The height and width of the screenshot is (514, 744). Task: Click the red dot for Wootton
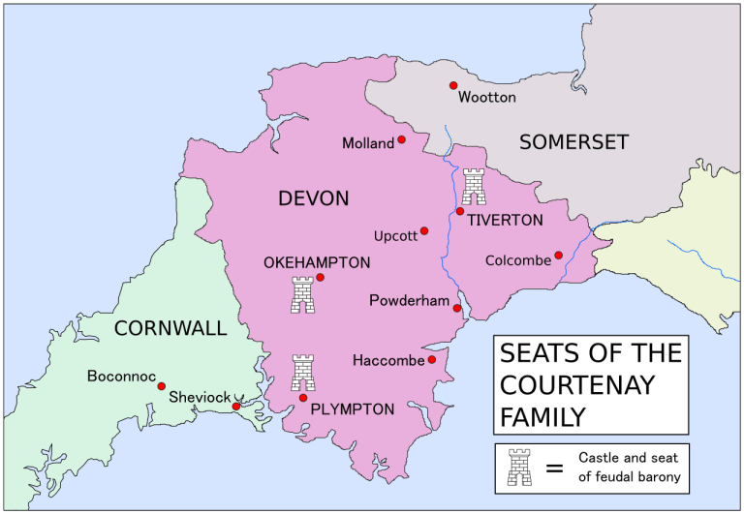(452, 86)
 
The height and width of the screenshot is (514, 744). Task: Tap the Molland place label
(368, 143)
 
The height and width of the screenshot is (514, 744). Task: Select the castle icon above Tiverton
(474, 185)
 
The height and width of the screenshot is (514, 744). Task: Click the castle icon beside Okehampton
(303, 294)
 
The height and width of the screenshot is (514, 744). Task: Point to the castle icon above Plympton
(303, 373)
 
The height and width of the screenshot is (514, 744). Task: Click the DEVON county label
(313, 198)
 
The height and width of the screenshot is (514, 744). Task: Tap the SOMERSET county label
(573, 142)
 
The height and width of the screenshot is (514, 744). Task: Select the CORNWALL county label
(170, 328)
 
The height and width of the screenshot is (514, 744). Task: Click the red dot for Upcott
(424, 230)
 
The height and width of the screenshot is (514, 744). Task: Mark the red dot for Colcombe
(559, 256)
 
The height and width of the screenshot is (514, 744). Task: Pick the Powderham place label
(410, 301)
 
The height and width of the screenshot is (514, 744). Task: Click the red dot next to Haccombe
(432, 360)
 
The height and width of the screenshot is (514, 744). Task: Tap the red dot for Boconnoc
(162, 385)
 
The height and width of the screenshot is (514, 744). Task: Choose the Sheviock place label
(200, 397)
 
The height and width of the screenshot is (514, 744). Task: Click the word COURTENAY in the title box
(576, 384)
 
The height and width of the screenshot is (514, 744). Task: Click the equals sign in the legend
(554, 468)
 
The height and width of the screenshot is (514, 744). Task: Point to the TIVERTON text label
(505, 221)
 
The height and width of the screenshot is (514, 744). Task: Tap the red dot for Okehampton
(320, 277)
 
